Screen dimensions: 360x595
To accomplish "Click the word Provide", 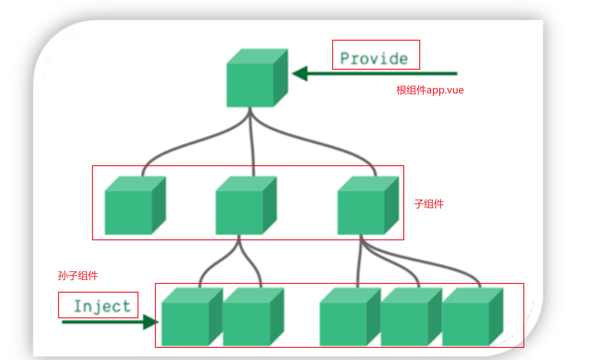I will tap(374, 59).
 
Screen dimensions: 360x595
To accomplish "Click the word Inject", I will tap(102, 306).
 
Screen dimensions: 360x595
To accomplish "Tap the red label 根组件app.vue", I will tap(430, 90).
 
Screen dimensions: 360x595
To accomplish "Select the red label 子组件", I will tap(429, 204).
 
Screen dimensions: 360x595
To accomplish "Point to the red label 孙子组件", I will tap(78, 276).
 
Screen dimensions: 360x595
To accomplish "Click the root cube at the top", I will tap(257, 78).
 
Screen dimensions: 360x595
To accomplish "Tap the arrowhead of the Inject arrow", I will tap(151, 322).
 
